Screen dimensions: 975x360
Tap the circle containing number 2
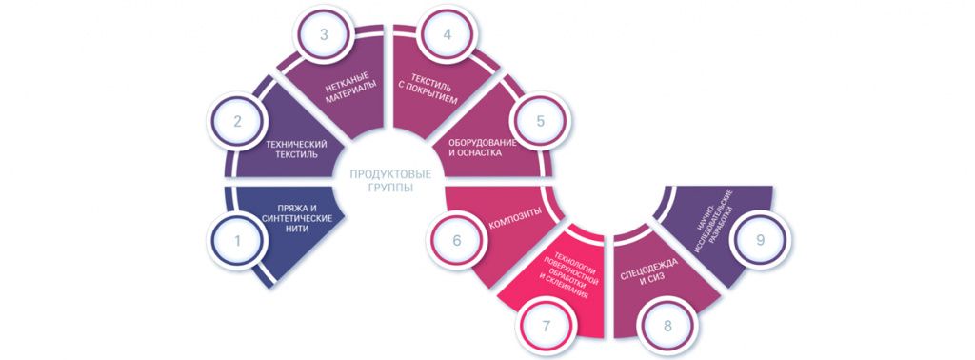237,121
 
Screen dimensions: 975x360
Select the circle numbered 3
324,34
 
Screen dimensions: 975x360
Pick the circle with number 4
447,34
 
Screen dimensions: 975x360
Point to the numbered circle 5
540,121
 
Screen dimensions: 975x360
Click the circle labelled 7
546,326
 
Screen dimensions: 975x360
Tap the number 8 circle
667,326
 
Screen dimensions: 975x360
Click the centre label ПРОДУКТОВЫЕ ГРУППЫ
390,180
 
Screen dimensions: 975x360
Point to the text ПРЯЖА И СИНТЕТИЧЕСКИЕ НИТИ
297,218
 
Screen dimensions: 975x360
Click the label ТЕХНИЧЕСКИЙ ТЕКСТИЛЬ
296,149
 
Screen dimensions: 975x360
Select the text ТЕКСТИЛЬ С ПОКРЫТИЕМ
428,92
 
